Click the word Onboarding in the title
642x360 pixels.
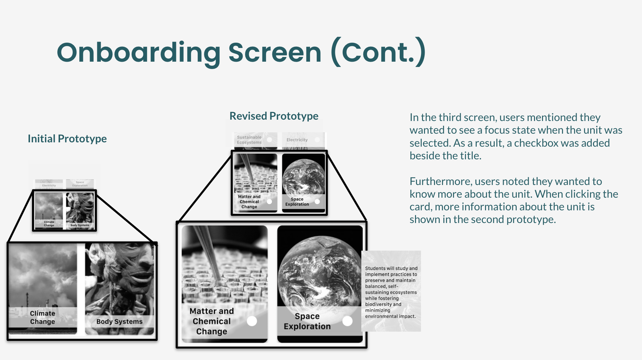point(138,53)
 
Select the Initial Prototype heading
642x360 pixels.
point(67,139)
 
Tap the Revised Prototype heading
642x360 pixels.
point(274,116)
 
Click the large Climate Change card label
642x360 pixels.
point(42,317)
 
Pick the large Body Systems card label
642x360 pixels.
point(119,322)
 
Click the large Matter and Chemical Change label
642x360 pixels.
point(212,321)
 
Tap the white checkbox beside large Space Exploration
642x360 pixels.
point(347,321)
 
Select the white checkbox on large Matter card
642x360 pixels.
point(252,321)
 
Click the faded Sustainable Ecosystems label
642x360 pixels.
point(249,140)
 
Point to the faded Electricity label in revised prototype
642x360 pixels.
point(297,140)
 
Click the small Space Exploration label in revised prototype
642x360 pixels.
point(297,202)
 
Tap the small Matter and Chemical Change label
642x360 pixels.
point(249,202)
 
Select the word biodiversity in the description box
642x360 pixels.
point(378,304)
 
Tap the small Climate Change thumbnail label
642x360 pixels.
point(49,224)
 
